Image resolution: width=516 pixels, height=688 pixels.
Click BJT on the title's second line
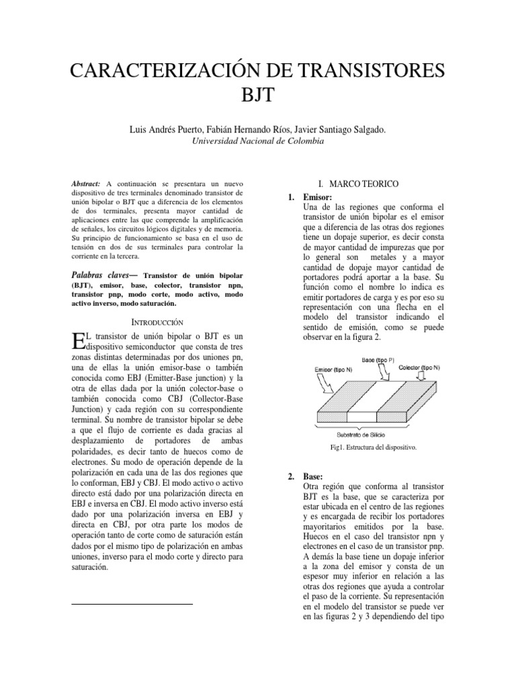tap(257, 94)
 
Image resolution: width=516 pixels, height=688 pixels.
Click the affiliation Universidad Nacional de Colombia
tap(257, 142)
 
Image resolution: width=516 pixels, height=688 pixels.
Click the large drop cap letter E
tap(76, 341)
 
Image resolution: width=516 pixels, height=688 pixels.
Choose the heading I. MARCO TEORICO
tap(359, 183)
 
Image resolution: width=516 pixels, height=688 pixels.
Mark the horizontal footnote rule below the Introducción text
tap(131, 605)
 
